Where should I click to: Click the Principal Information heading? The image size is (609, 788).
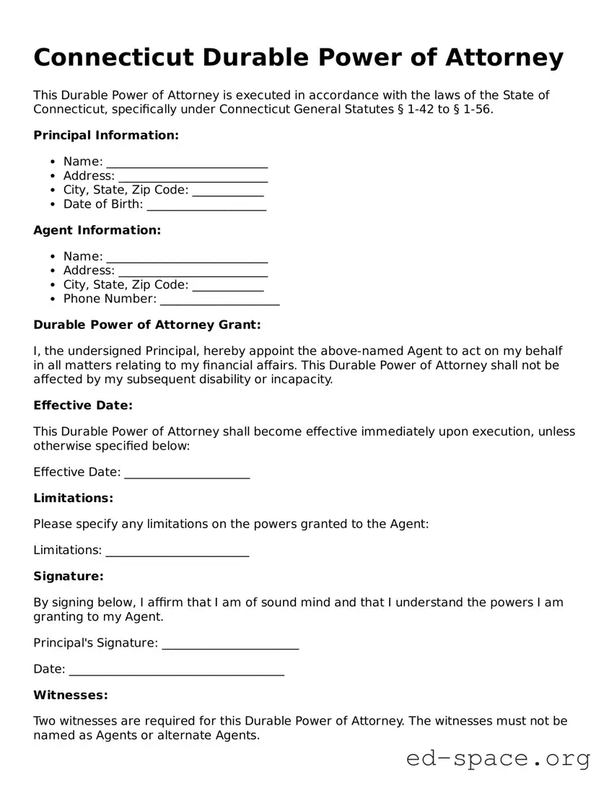click(105, 136)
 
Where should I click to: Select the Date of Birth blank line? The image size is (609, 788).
click(206, 206)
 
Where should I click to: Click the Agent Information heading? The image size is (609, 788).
click(97, 230)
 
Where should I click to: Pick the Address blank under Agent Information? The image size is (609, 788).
click(193, 271)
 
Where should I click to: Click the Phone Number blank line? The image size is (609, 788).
click(219, 300)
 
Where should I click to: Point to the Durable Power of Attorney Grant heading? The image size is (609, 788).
click(146, 325)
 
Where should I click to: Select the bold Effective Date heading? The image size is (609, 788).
click(83, 406)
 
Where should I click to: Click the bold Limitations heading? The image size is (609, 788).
click(73, 498)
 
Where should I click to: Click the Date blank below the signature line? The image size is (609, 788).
click(176, 670)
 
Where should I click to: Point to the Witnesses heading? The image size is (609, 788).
click(70, 695)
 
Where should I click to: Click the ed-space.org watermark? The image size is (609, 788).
click(498, 758)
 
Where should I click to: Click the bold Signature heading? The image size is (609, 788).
click(69, 576)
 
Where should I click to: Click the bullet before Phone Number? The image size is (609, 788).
click(53, 299)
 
